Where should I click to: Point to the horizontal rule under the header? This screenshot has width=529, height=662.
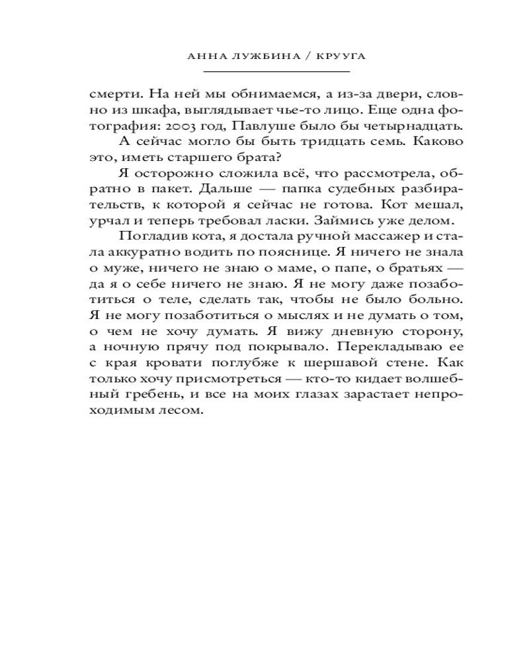[276, 71]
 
